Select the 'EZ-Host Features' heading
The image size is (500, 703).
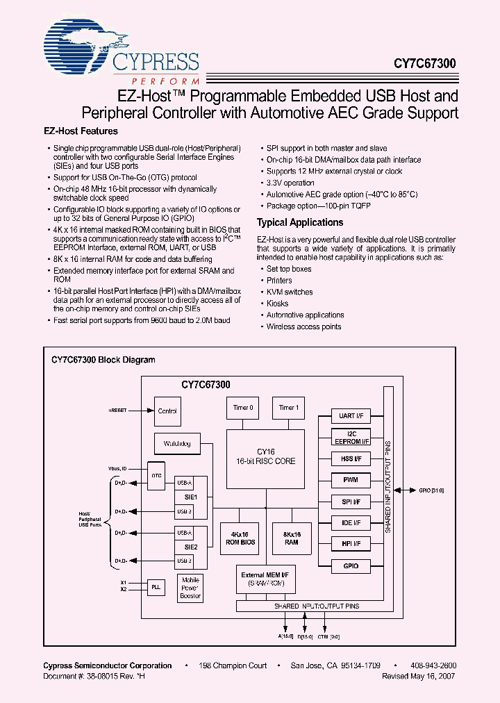pos(81,131)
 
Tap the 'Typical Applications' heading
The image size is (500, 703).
pos(300,223)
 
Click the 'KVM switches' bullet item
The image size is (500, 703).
pos(290,292)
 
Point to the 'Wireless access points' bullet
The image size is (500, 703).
pos(303,326)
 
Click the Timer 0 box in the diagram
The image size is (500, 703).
pos(242,408)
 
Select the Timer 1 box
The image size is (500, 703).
pos(287,408)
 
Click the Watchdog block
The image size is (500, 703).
pos(177,443)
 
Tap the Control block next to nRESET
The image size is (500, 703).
pos(167,411)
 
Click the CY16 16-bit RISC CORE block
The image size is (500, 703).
pos(265,456)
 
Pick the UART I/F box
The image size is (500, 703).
pos(351,416)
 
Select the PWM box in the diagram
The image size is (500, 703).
pos(351,480)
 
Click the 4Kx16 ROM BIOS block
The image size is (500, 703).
pos(240,538)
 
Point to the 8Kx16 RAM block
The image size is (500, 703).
pos(292,538)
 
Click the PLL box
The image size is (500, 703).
pos(156,587)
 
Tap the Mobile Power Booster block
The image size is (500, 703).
pos(190,588)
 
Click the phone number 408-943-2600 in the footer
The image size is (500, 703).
pos(433,665)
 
